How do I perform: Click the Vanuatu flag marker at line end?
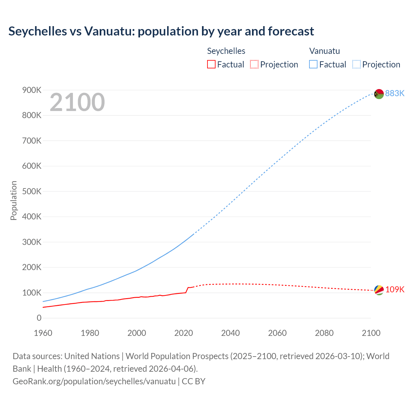[x=379, y=94]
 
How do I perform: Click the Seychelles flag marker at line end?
[x=379, y=290]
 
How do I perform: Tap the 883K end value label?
[x=395, y=93]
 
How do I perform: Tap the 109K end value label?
[x=395, y=289]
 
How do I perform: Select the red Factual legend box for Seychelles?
[x=211, y=65]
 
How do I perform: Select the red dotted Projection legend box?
[x=254, y=65]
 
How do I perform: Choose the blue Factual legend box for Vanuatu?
[x=313, y=65]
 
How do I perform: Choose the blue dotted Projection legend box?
[x=356, y=65]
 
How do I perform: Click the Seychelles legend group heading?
[x=226, y=51]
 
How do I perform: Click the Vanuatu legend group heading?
[x=324, y=51]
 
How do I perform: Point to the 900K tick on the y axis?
[x=32, y=90]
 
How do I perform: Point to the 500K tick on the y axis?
[x=32, y=191]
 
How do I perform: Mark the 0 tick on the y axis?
[x=39, y=318]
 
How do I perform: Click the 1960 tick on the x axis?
[x=43, y=333]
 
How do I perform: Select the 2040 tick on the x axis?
[x=230, y=333]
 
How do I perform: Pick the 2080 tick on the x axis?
[x=324, y=333]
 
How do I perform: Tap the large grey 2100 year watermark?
[x=77, y=102]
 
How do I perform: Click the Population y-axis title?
[x=14, y=200]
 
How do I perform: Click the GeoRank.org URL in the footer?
[x=94, y=381]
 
